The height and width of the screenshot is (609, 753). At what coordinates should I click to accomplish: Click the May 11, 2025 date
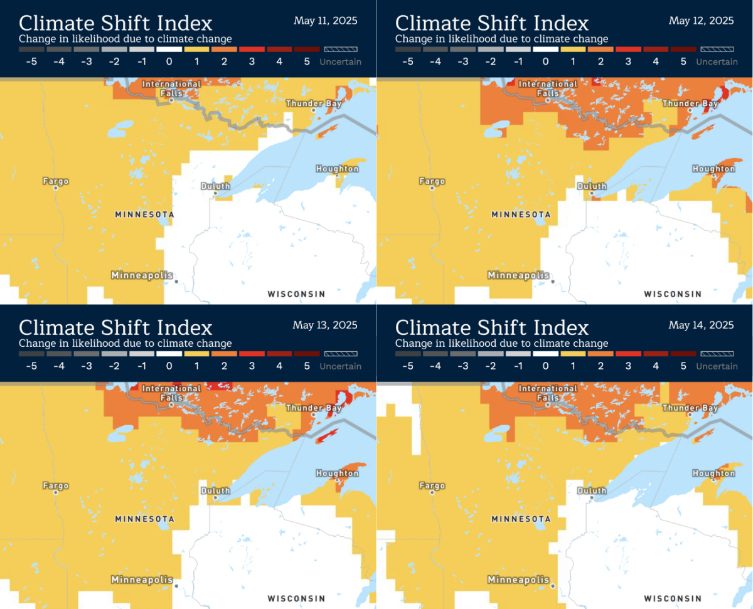(x=325, y=21)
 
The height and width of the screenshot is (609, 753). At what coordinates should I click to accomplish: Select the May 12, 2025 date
(x=701, y=21)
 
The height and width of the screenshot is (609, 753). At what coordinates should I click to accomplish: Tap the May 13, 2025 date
(x=325, y=325)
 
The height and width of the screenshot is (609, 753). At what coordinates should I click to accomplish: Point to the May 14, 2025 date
(x=701, y=325)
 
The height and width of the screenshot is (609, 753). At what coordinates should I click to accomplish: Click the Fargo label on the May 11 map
(x=55, y=181)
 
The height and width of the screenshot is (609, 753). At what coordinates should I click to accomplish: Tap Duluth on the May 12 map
(x=591, y=186)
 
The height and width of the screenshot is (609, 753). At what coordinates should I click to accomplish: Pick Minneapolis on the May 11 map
(x=142, y=275)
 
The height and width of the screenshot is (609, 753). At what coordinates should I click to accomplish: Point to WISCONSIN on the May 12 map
(x=673, y=294)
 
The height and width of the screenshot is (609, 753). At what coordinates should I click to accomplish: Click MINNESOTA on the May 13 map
(x=144, y=519)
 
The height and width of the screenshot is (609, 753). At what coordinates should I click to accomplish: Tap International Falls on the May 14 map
(x=548, y=393)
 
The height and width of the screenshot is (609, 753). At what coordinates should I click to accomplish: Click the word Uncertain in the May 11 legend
(x=340, y=61)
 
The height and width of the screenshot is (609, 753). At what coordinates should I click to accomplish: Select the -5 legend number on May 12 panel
(x=407, y=61)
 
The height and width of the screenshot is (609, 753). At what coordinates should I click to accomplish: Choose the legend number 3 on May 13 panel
(x=252, y=366)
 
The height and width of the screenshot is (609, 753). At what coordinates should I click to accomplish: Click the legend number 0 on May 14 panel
(x=545, y=366)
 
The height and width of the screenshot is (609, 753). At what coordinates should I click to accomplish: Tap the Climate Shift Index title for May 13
(x=115, y=327)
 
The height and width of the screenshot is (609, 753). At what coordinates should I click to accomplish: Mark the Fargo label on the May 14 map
(x=432, y=486)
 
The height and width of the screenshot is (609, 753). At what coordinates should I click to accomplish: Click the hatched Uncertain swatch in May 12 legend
(x=717, y=49)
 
